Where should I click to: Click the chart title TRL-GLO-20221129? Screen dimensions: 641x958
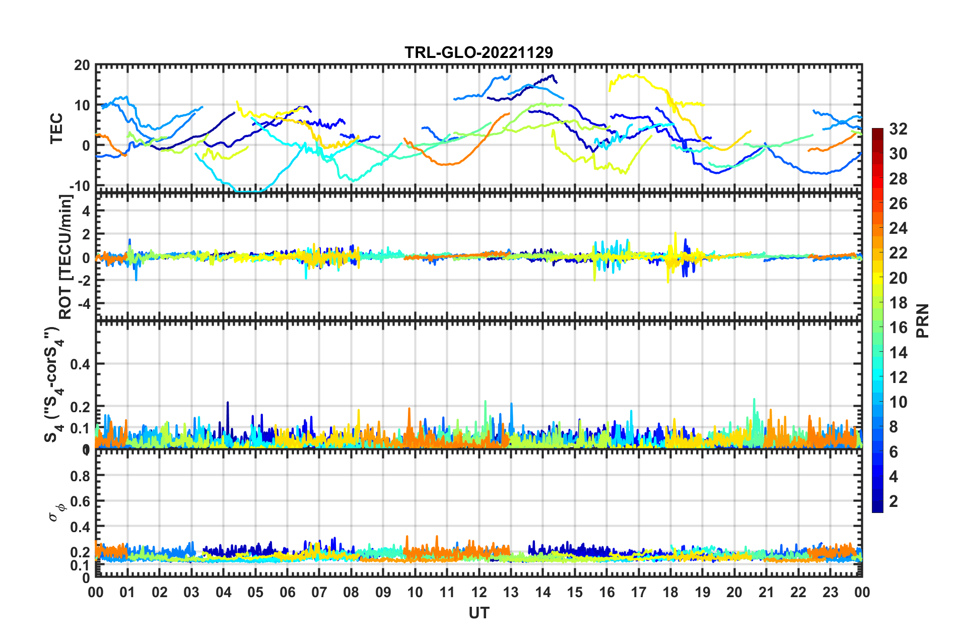click(478, 52)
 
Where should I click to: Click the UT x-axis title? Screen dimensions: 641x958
click(478, 613)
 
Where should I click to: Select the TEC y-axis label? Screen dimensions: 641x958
click(56, 128)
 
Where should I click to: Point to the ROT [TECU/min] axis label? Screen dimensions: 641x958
click(65, 257)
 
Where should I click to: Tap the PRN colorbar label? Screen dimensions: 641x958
click(923, 321)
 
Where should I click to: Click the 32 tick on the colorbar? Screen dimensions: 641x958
click(898, 129)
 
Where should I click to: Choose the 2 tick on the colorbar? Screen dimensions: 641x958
click(894, 501)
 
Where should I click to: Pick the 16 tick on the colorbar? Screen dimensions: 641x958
click(898, 328)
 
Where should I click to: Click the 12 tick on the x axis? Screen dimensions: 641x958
click(478, 592)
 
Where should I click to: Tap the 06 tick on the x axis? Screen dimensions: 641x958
click(287, 592)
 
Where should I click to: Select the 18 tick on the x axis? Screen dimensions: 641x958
click(670, 592)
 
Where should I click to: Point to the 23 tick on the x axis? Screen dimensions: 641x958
click(830, 592)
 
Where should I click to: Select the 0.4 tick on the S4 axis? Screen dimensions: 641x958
click(80, 364)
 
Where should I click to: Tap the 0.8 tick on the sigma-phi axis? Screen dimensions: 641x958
click(80, 476)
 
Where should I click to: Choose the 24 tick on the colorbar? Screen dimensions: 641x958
click(898, 228)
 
